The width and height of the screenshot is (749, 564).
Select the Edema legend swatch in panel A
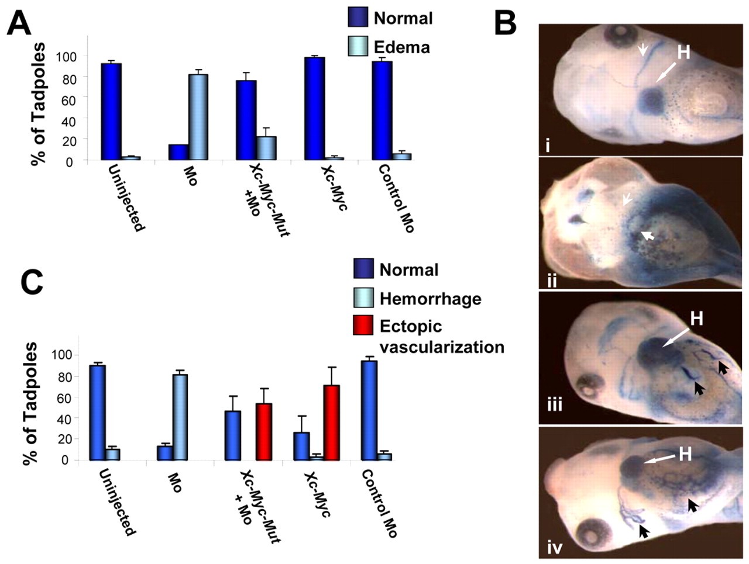(358, 46)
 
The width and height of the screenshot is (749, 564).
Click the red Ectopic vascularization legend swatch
(363, 326)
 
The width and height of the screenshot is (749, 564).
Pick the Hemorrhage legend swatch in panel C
(363, 299)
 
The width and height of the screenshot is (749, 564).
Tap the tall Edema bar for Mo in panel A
(198, 117)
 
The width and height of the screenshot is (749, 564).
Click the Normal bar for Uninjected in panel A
(111, 111)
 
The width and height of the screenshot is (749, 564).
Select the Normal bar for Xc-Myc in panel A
(315, 108)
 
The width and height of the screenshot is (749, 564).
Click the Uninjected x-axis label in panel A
(126, 198)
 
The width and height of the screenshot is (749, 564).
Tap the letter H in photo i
(683, 53)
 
